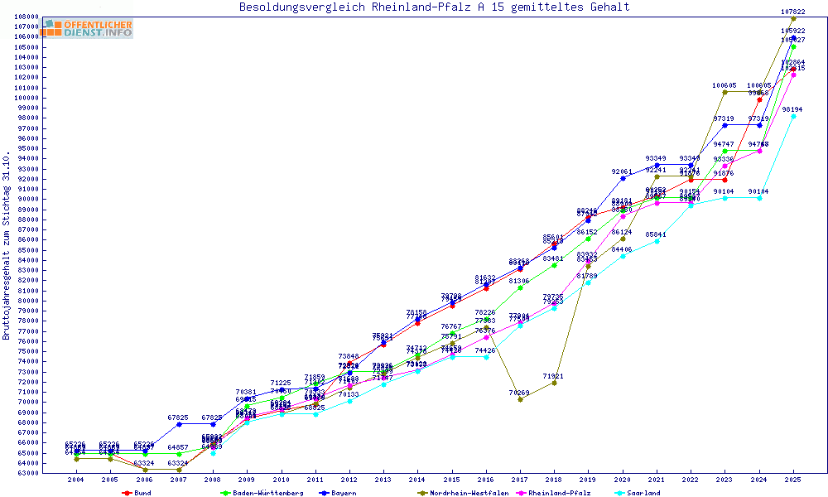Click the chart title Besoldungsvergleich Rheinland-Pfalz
[434, 7]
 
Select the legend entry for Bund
[141, 493]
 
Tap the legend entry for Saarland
[643, 493]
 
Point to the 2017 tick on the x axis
[520, 480]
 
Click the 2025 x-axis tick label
[794, 480]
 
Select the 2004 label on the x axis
[75, 480]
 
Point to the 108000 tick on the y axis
[28, 17]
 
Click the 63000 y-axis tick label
[28, 473]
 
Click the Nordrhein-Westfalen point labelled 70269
[520, 399]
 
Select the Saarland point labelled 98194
[794, 116]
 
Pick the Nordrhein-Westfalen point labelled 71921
[554, 383]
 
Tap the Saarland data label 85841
[657, 234]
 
